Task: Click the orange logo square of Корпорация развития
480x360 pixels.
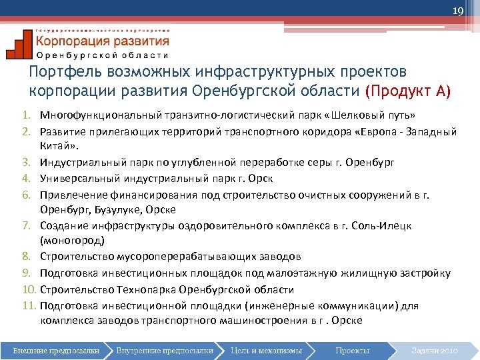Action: pyautogui.click(x=19, y=44)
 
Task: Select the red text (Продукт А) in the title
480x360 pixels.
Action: pyautogui.click(x=408, y=90)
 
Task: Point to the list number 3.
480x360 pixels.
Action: pyautogui.click(x=33, y=162)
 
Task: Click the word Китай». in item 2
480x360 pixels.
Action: pyautogui.click(x=59, y=146)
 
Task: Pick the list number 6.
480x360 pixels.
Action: pyautogui.click(x=33, y=194)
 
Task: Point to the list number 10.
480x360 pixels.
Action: pyautogui.click(x=31, y=290)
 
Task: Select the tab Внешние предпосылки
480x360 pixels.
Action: pyautogui.click(x=56, y=350)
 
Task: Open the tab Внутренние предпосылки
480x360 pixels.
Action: pyautogui.click(x=164, y=350)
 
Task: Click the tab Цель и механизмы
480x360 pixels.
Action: pyautogui.click(x=266, y=350)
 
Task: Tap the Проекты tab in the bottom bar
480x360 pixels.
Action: pyautogui.click(x=351, y=350)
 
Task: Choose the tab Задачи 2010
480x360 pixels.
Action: pyautogui.click(x=435, y=350)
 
